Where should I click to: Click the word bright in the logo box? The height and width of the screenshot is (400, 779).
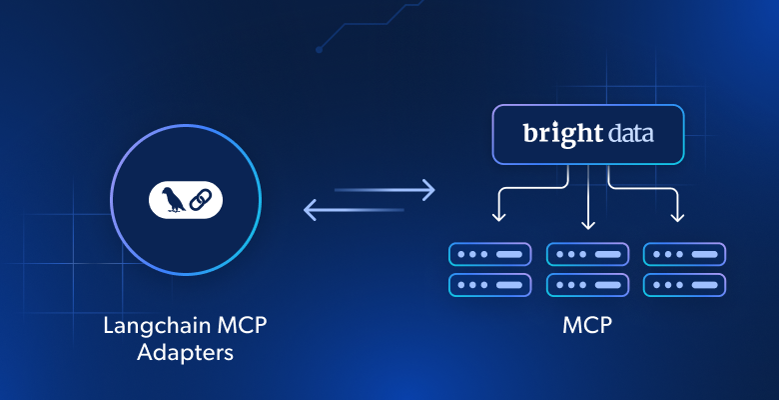pyautogui.click(x=553, y=134)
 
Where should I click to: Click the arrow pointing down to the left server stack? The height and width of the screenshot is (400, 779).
pyautogui.click(x=497, y=212)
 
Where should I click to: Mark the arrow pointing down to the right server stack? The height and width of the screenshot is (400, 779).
pyautogui.click(x=678, y=212)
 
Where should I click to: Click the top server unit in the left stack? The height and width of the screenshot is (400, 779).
pyautogui.click(x=489, y=254)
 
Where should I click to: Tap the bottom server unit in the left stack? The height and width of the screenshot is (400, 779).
pyautogui.click(x=489, y=285)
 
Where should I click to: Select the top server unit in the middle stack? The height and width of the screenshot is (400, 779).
pyautogui.click(x=587, y=254)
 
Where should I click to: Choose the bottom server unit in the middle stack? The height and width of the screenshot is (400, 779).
pyautogui.click(x=587, y=285)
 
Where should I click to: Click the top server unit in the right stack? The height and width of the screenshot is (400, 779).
pyautogui.click(x=684, y=254)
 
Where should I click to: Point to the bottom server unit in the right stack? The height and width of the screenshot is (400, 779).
pyautogui.click(x=684, y=285)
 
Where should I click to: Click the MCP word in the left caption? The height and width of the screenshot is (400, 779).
pyautogui.click(x=241, y=327)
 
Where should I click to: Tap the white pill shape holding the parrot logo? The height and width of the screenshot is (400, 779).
pyautogui.click(x=186, y=200)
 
